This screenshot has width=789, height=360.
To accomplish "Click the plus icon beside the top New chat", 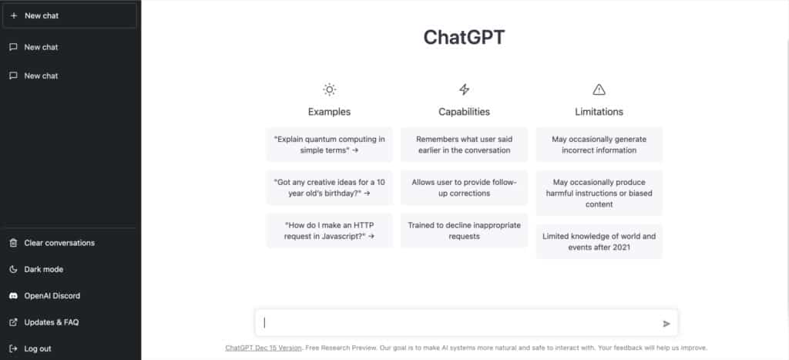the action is tap(14, 15).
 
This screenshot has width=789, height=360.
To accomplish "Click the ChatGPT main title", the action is tap(464, 37).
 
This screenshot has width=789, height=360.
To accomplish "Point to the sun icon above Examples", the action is tap(329, 89).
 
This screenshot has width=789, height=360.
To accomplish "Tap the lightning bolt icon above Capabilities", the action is tap(464, 89).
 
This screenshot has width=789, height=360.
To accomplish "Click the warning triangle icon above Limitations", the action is tap(599, 89).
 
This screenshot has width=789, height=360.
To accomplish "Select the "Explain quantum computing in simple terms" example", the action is tap(330, 144).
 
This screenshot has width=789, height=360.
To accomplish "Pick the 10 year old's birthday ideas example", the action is tap(330, 187).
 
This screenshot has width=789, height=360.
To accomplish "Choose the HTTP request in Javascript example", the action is tap(330, 230).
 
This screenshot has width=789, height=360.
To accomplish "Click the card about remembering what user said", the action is tap(464, 144).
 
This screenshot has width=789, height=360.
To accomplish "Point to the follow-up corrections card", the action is tap(464, 187).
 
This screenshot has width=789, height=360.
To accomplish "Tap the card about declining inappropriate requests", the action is tap(464, 230).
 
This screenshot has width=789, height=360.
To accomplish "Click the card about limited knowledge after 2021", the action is tap(599, 242).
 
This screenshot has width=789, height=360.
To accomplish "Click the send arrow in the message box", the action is tap(666, 324).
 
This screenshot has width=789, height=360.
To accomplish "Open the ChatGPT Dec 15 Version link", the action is tap(264, 348).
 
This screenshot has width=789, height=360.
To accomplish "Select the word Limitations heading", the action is tap(599, 112).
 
